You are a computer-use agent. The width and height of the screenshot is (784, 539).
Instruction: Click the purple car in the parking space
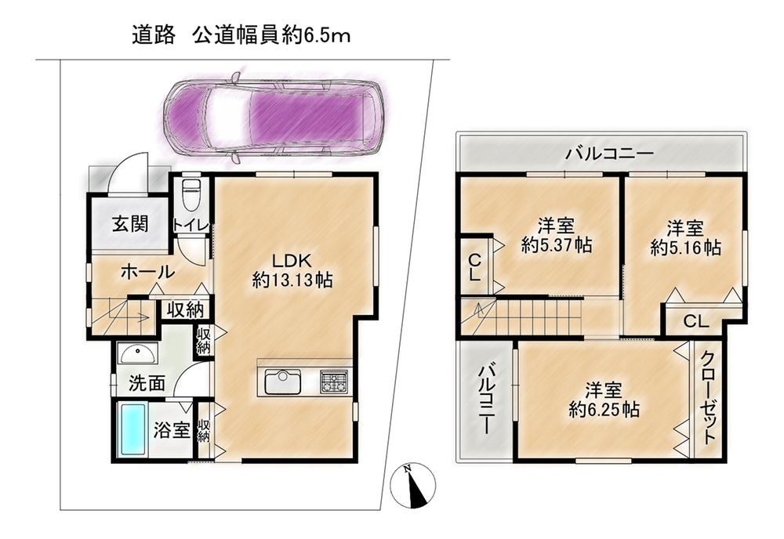point(273,116)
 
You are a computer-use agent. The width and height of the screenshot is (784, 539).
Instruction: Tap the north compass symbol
point(412,484)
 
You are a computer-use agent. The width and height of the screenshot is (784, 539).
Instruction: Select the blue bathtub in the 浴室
point(132,429)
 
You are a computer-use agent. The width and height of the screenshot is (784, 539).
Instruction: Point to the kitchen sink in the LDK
point(283,382)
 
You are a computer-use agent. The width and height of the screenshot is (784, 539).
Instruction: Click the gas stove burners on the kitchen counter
point(333,382)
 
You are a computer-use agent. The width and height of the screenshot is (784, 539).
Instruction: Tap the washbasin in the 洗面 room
point(137,353)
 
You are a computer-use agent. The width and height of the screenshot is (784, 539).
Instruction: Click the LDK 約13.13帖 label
point(292,270)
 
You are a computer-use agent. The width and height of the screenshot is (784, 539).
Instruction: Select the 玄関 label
point(130,223)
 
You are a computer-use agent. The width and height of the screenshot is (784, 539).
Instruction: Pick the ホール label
point(148,273)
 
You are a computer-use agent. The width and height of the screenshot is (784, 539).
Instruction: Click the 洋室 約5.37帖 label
point(556,236)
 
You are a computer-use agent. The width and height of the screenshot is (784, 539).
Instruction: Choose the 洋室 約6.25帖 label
point(604,400)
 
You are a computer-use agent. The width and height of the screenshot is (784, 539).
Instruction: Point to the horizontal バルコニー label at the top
point(609,153)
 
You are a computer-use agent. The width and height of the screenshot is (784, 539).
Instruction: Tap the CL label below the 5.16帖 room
point(696,321)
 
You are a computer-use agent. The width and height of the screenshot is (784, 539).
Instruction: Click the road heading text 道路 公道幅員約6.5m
point(241,35)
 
